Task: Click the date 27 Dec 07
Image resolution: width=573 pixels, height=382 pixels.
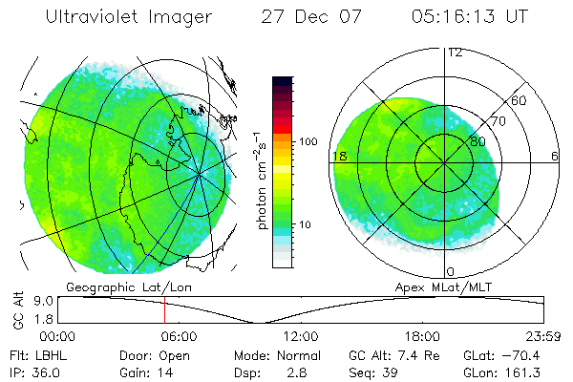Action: pyautogui.click(x=307, y=17)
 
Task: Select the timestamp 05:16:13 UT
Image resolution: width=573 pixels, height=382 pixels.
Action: pyautogui.click(x=469, y=17)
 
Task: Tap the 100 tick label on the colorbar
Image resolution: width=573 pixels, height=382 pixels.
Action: pyautogui.click(x=308, y=141)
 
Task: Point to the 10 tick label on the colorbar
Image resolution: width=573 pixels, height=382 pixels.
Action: pyautogui.click(x=306, y=224)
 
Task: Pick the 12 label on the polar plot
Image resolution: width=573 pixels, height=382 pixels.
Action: pyautogui.click(x=456, y=52)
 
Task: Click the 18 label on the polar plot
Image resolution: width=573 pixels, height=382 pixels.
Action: pyautogui.click(x=338, y=155)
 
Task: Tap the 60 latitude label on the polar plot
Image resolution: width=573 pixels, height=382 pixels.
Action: pyautogui.click(x=520, y=100)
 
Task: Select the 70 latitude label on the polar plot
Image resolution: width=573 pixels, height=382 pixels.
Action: pyautogui.click(x=497, y=122)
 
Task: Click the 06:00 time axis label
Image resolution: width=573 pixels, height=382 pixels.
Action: pyautogui.click(x=179, y=336)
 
